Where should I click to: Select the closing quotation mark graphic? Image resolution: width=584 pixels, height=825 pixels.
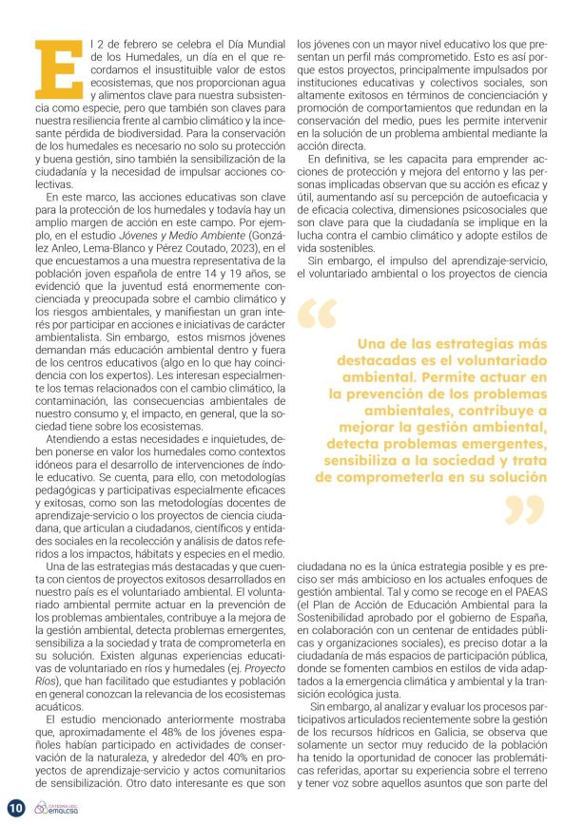(524, 508)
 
